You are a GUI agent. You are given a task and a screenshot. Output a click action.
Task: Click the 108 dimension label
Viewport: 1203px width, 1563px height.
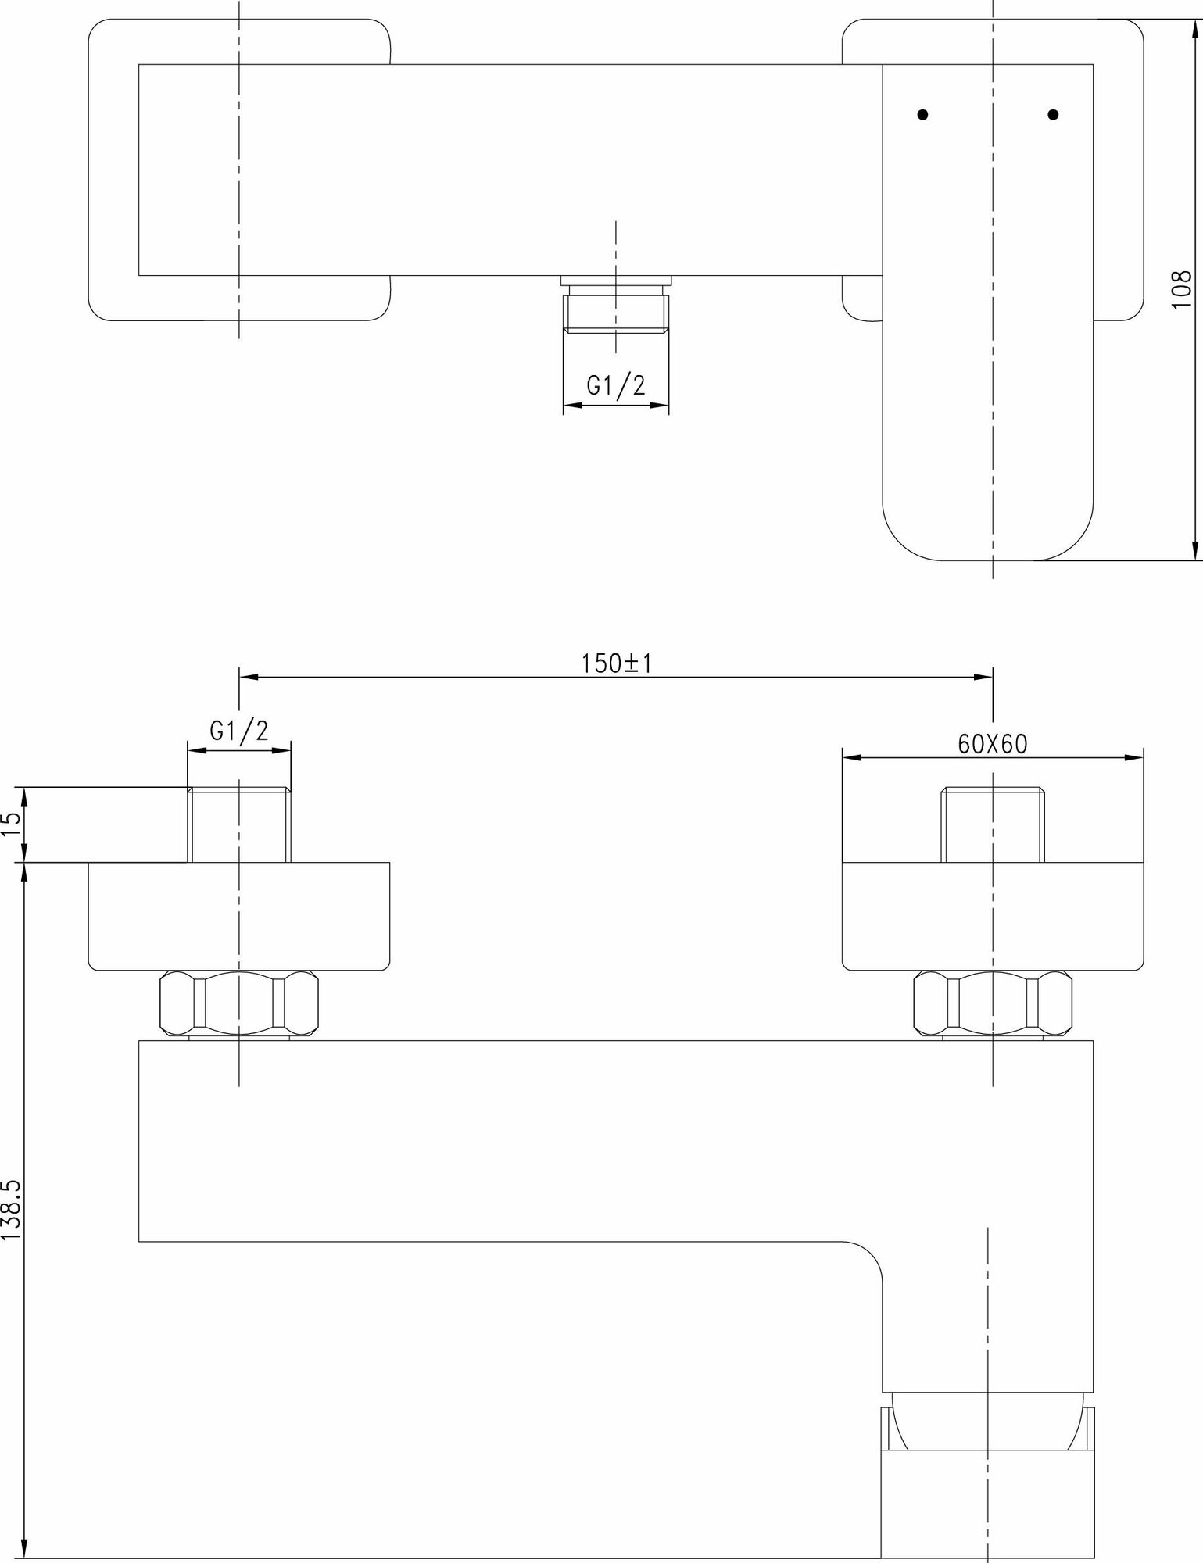(x=1182, y=289)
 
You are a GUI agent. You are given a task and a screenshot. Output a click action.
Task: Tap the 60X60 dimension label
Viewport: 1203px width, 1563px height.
(x=992, y=745)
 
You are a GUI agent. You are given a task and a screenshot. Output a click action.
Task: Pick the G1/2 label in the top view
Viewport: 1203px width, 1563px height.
(x=617, y=386)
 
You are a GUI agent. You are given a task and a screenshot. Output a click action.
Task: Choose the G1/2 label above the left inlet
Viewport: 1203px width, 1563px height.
(x=239, y=731)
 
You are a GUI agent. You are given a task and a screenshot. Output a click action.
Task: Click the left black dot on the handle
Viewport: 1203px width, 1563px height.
(x=923, y=114)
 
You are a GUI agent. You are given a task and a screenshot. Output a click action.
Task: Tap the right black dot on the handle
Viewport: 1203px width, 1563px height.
(x=1053, y=114)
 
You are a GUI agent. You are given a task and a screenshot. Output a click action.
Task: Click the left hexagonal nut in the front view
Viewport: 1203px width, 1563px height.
(x=239, y=1003)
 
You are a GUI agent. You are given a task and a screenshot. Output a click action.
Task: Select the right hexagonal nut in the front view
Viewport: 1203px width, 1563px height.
(x=993, y=1003)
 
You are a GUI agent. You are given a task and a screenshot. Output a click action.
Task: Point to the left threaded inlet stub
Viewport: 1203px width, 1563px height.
(x=239, y=825)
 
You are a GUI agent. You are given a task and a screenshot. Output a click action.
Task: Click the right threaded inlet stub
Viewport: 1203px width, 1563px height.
(x=993, y=825)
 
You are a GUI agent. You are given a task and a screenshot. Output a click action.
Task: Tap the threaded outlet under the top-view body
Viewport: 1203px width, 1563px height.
(x=616, y=311)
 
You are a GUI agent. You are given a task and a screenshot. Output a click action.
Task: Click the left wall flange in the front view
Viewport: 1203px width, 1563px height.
(x=239, y=916)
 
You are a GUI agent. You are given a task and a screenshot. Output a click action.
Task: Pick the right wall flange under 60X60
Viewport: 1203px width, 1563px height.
(x=993, y=916)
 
